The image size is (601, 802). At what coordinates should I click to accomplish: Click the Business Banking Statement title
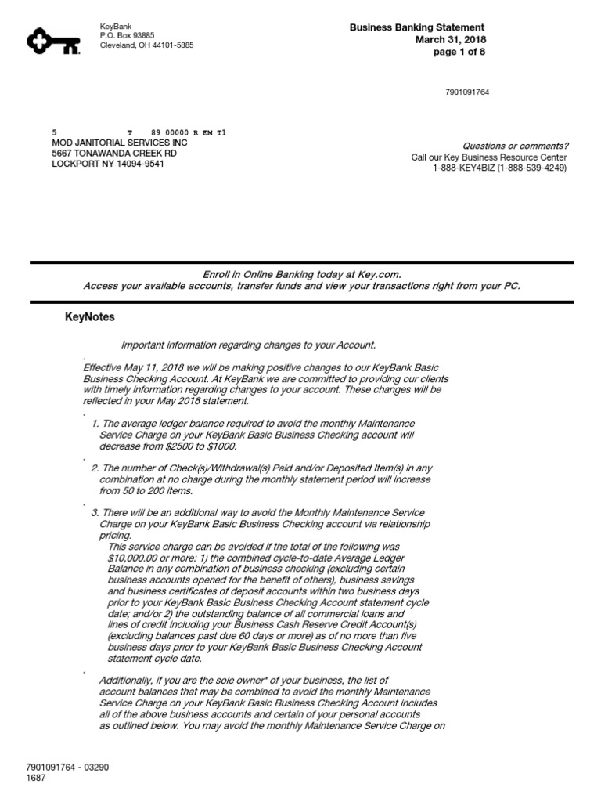coord(417,27)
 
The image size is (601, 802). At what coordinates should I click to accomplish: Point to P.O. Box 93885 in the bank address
coord(128,36)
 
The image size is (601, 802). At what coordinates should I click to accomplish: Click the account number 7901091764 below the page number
coord(467,92)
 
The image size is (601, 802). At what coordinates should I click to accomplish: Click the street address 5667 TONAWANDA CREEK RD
coord(114,154)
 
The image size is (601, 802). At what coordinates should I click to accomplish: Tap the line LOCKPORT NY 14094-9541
coord(108,165)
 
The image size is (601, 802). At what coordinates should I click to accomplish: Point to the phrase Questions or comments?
coord(516,146)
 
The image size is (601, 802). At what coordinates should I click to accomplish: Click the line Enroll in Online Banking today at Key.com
coord(301,274)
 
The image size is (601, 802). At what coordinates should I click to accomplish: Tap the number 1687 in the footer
coord(37,778)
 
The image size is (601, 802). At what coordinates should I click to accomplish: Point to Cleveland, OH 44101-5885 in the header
coord(147,45)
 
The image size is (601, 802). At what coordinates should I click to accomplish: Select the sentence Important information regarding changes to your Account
coord(248,345)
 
